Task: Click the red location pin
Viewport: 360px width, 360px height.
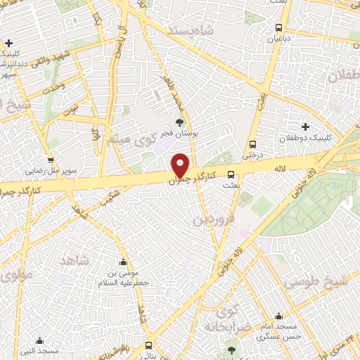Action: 181,165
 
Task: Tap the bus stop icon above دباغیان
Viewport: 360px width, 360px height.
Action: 280,28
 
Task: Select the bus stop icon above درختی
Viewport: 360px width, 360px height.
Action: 250,146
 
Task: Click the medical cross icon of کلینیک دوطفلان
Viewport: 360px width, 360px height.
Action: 305,127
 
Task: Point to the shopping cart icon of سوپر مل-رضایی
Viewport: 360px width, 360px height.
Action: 50,160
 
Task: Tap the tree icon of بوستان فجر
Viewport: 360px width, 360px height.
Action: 180,122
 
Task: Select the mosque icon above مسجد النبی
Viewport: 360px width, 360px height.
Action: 39,340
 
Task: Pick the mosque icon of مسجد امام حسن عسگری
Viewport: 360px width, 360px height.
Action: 279,316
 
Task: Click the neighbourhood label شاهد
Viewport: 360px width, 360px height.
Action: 76,261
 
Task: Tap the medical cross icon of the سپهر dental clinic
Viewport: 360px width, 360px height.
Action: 8,43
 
